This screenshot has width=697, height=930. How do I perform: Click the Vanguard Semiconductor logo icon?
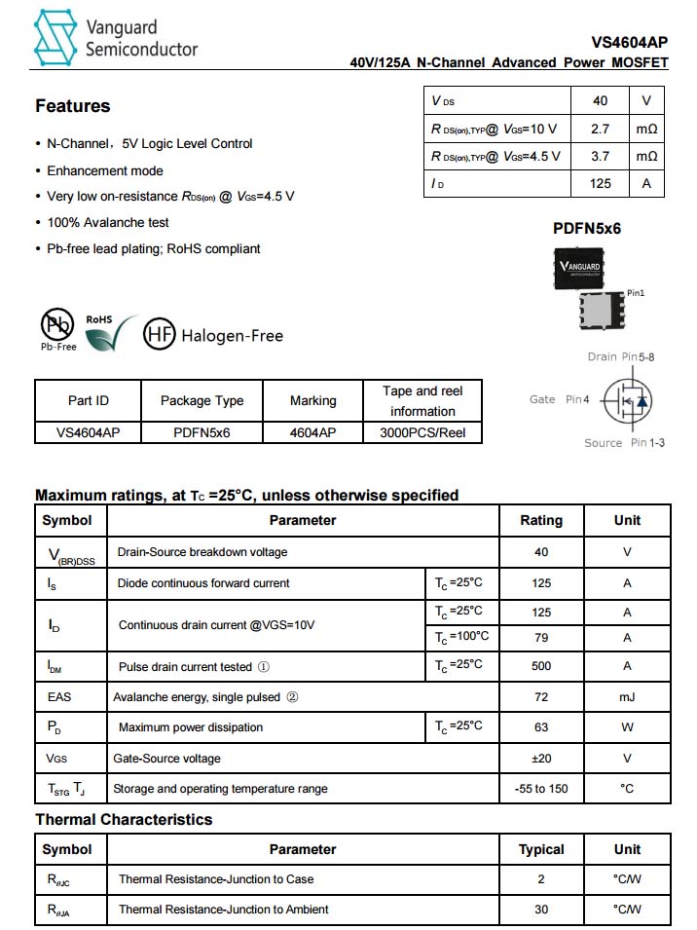point(55,37)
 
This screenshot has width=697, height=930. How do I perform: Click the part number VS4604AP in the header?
point(630,43)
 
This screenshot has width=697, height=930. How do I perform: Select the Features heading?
point(73,106)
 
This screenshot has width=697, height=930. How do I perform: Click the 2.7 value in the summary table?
point(601,129)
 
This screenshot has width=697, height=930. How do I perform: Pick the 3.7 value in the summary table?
point(601,156)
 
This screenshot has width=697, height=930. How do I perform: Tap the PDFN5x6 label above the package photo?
point(587,229)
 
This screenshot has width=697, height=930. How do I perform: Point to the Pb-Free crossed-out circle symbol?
point(56,324)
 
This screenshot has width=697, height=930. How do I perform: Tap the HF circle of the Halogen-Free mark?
point(160,335)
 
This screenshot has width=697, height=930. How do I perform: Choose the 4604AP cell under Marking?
point(313,430)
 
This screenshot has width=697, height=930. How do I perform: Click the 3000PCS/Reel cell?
point(422,430)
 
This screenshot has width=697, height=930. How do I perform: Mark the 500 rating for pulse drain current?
point(541,666)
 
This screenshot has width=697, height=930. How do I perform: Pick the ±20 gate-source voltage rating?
point(541,759)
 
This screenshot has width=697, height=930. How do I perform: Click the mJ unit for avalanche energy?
point(627,697)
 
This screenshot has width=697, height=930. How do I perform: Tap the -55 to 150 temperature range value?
point(541,789)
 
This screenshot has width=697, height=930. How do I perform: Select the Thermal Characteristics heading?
point(124,820)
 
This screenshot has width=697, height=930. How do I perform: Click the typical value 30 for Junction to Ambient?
point(541,910)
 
